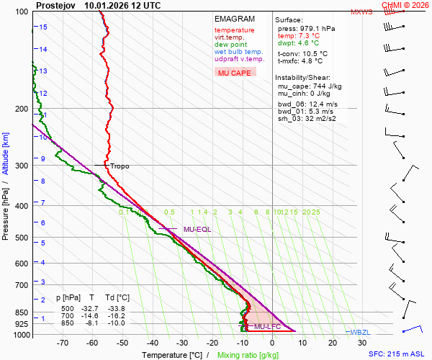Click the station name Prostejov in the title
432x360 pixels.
[x=56, y=5]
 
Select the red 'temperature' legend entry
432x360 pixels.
[x=234, y=30]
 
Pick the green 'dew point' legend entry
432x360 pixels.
[x=230, y=45]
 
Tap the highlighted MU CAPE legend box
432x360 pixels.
[x=235, y=73]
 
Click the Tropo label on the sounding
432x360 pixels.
[x=120, y=166]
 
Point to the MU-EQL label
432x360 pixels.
[x=197, y=230]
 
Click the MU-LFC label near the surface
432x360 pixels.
[x=268, y=327]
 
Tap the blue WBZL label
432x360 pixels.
[x=360, y=332]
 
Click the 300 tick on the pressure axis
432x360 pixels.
[x=21, y=166]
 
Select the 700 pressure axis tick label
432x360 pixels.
[x=21, y=285]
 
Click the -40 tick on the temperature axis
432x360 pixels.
[x=152, y=343]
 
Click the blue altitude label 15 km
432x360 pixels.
[x=43, y=27]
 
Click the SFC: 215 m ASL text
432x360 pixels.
[x=397, y=354]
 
